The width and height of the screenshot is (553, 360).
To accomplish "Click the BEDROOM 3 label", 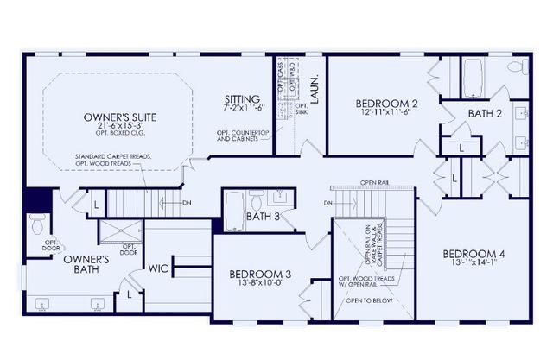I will [x=259, y=275].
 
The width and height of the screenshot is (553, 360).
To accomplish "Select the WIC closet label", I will [x=158, y=268].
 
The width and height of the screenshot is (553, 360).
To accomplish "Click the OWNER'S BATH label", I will [x=85, y=264].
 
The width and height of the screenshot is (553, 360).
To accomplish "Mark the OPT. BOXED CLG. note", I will [x=121, y=135].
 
